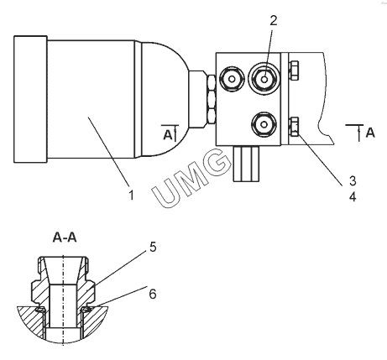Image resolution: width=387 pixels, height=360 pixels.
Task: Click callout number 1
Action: (x=131, y=195)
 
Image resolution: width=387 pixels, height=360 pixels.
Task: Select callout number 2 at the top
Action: (x=273, y=20)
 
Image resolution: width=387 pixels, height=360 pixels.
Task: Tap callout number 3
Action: (x=353, y=180)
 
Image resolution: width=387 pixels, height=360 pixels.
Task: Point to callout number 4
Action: (x=353, y=196)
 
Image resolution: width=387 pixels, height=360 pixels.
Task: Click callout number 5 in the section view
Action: (x=153, y=247)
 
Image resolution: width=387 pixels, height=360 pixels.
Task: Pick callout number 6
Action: (x=153, y=294)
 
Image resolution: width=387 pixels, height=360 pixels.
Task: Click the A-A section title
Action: (x=65, y=237)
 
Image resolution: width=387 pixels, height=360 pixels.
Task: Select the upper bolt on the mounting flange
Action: (x=294, y=70)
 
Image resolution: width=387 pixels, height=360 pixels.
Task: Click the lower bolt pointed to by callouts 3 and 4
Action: (x=294, y=127)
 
